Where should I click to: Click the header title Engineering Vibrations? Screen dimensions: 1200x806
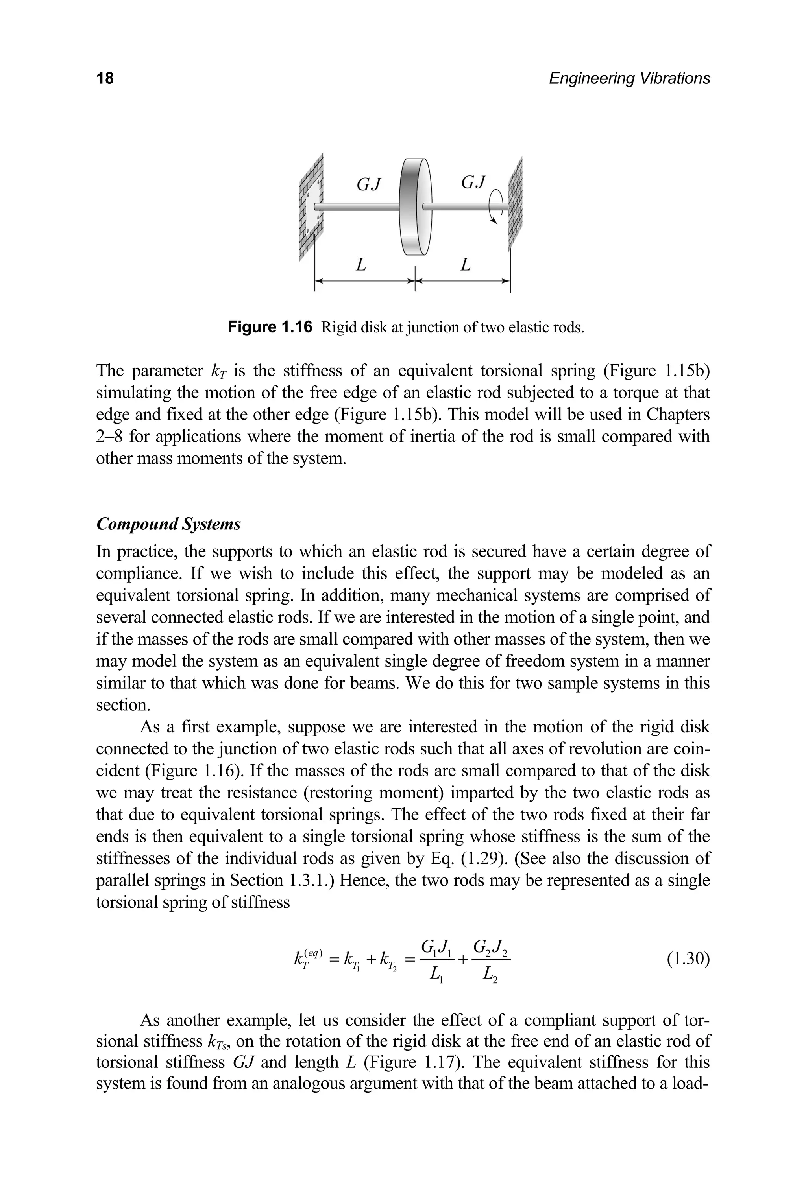point(629,79)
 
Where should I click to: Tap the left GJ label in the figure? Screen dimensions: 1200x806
point(368,183)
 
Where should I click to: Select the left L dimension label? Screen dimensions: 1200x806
point(361,265)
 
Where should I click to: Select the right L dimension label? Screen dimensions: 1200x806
point(465,265)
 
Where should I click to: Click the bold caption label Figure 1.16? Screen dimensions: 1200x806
point(270,327)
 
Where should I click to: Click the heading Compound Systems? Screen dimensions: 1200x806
point(168,525)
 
